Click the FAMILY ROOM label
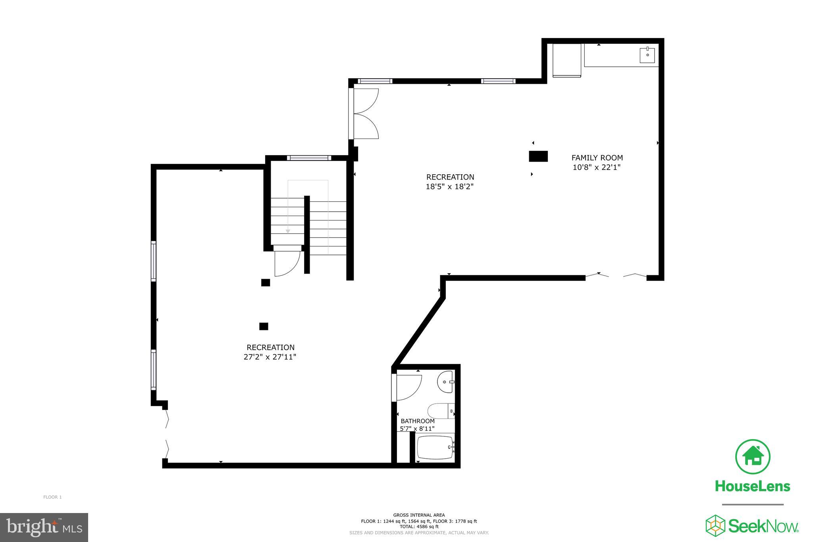click(597, 158)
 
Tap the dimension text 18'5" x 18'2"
click(450, 186)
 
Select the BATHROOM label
click(417, 421)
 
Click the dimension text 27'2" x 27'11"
click(270, 357)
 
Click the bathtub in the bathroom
click(435, 447)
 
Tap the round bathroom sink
click(445, 382)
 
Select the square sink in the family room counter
click(647, 55)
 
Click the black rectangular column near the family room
click(538, 156)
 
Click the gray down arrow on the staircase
click(288, 231)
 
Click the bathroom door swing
click(408, 387)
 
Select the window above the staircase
click(309, 158)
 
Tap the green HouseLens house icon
click(753, 456)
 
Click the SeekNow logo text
click(762, 527)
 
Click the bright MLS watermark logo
click(44, 527)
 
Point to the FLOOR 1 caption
click(52, 497)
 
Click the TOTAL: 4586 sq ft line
click(419, 527)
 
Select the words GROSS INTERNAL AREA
click(419, 515)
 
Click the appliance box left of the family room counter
click(566, 60)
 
